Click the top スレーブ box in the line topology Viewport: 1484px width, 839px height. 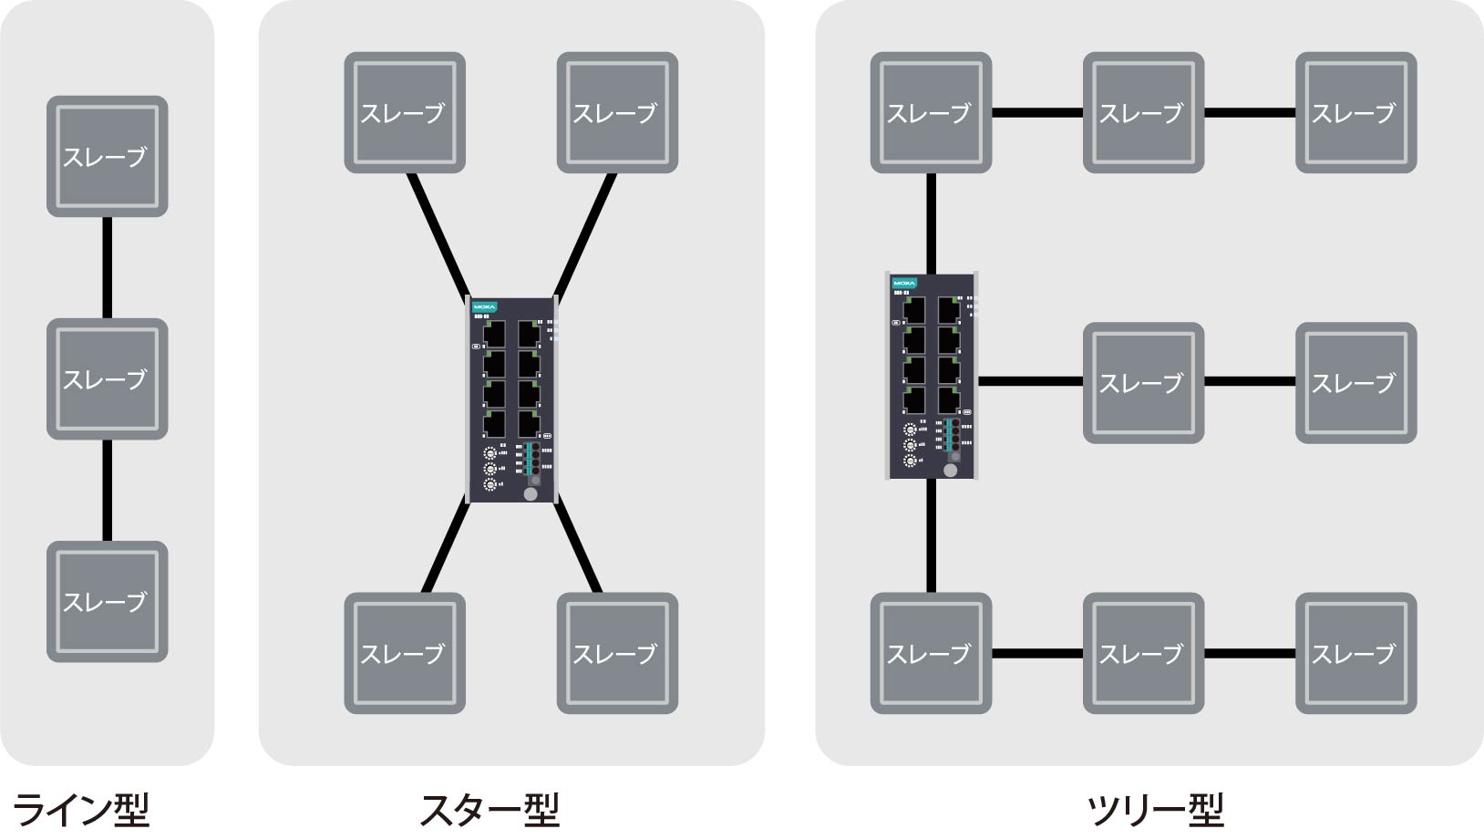[107, 156]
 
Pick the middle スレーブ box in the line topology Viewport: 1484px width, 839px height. [107, 378]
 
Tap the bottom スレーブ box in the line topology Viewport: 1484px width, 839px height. [107, 601]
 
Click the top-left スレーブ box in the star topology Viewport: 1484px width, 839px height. [405, 112]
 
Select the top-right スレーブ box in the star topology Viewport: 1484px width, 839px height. [617, 112]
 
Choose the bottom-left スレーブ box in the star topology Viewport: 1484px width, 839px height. [405, 653]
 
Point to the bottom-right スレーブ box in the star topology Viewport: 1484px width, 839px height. [617, 653]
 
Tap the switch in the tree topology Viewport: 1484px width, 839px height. [931, 376]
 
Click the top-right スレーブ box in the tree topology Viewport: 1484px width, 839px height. [1355, 112]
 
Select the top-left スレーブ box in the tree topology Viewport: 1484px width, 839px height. [931, 112]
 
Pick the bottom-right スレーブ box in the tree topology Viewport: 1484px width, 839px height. [1355, 653]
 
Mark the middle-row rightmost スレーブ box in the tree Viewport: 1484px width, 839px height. [1355, 383]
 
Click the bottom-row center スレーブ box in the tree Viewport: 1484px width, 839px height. [1143, 653]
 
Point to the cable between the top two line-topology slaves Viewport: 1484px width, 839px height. [108, 267]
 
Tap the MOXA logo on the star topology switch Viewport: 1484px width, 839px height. [484, 308]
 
